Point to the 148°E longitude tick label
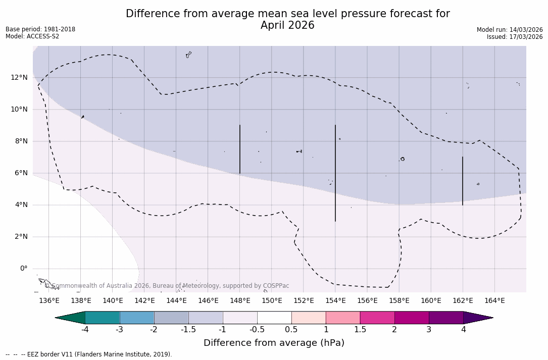click(x=240, y=301)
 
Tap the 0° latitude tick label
click(x=24, y=268)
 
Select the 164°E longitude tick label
click(x=494, y=301)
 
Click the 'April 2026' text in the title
click(x=287, y=25)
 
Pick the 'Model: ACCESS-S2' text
click(x=32, y=36)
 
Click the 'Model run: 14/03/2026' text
click(x=510, y=30)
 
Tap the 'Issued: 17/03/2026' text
click(x=515, y=37)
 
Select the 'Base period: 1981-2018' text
click(x=40, y=29)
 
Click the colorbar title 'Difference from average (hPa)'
click(x=274, y=343)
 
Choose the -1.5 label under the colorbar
click(x=188, y=330)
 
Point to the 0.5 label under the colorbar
click(x=291, y=330)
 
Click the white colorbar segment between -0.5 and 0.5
click(x=274, y=318)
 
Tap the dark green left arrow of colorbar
click(x=70, y=318)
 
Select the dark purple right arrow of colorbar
click(x=478, y=318)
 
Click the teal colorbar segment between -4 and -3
click(x=103, y=318)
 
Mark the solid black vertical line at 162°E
click(x=463, y=181)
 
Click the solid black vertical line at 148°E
click(x=240, y=149)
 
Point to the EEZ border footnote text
click(x=89, y=354)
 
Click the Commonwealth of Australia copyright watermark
click(x=167, y=286)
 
